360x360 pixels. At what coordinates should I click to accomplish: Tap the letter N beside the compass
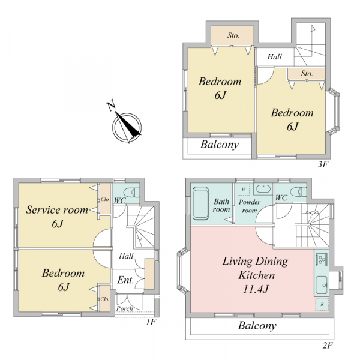click(111, 106)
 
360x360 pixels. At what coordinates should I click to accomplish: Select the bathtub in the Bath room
click(200, 203)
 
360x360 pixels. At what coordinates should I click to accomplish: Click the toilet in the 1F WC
click(131, 192)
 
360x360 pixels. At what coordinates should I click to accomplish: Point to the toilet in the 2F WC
click(298, 192)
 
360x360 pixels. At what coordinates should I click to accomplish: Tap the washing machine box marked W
click(244, 190)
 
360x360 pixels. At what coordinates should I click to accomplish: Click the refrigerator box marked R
click(322, 304)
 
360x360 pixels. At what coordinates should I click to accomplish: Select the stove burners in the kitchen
click(322, 260)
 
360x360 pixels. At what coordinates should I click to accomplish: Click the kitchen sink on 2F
click(322, 285)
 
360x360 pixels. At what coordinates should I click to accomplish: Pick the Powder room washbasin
click(263, 189)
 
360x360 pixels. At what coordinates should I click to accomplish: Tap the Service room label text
click(57, 210)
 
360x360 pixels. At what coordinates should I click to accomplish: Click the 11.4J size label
click(256, 289)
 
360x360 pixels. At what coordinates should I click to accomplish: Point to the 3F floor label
click(323, 164)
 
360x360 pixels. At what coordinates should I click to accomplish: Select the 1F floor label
click(151, 322)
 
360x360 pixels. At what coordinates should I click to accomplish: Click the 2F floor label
click(328, 346)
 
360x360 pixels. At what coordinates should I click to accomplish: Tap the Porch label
click(124, 308)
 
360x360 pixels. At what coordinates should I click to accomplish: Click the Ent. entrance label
click(125, 280)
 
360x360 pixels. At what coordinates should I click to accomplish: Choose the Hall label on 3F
click(275, 57)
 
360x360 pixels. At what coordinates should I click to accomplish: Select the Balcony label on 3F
click(220, 145)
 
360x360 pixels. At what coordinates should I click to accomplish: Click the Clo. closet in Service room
click(105, 199)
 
